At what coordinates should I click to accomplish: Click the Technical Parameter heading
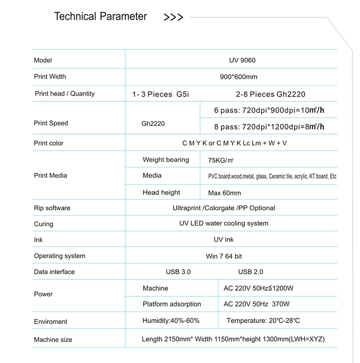(x=100, y=16)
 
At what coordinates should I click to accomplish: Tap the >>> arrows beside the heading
(x=173, y=18)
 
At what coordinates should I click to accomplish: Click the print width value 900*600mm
(x=239, y=77)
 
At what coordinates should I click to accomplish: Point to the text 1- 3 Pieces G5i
(x=161, y=94)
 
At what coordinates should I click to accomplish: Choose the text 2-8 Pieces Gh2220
(x=271, y=94)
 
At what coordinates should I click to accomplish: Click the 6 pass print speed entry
(x=269, y=110)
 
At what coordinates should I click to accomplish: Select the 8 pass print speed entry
(x=269, y=127)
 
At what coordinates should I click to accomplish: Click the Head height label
(x=161, y=193)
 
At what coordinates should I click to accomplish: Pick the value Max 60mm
(x=225, y=193)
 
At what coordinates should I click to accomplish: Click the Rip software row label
(x=52, y=208)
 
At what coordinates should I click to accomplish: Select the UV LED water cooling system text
(x=224, y=223)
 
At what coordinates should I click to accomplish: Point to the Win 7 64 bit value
(x=224, y=256)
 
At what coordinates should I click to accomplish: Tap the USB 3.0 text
(x=178, y=272)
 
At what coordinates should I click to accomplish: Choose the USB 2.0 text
(x=251, y=272)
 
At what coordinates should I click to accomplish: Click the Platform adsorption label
(x=172, y=304)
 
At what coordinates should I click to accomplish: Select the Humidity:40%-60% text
(x=171, y=321)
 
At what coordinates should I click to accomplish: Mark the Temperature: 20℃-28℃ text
(x=263, y=321)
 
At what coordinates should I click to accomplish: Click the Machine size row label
(x=53, y=340)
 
